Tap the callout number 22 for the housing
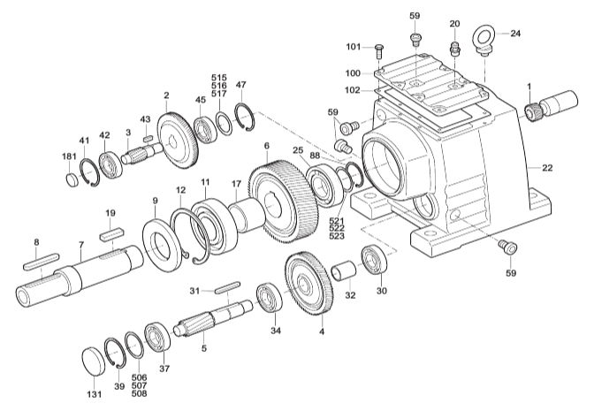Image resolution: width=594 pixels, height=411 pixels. (x=547, y=167)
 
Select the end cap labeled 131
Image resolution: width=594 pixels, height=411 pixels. (x=94, y=362)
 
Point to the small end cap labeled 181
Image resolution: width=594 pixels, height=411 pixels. (x=72, y=179)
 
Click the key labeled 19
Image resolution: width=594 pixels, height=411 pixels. (x=111, y=232)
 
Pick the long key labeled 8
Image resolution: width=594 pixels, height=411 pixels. (x=41, y=261)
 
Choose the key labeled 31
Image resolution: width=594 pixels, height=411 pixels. (x=227, y=286)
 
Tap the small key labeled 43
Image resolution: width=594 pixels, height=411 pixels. (x=147, y=138)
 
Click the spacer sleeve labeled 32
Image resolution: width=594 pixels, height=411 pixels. (x=344, y=270)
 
